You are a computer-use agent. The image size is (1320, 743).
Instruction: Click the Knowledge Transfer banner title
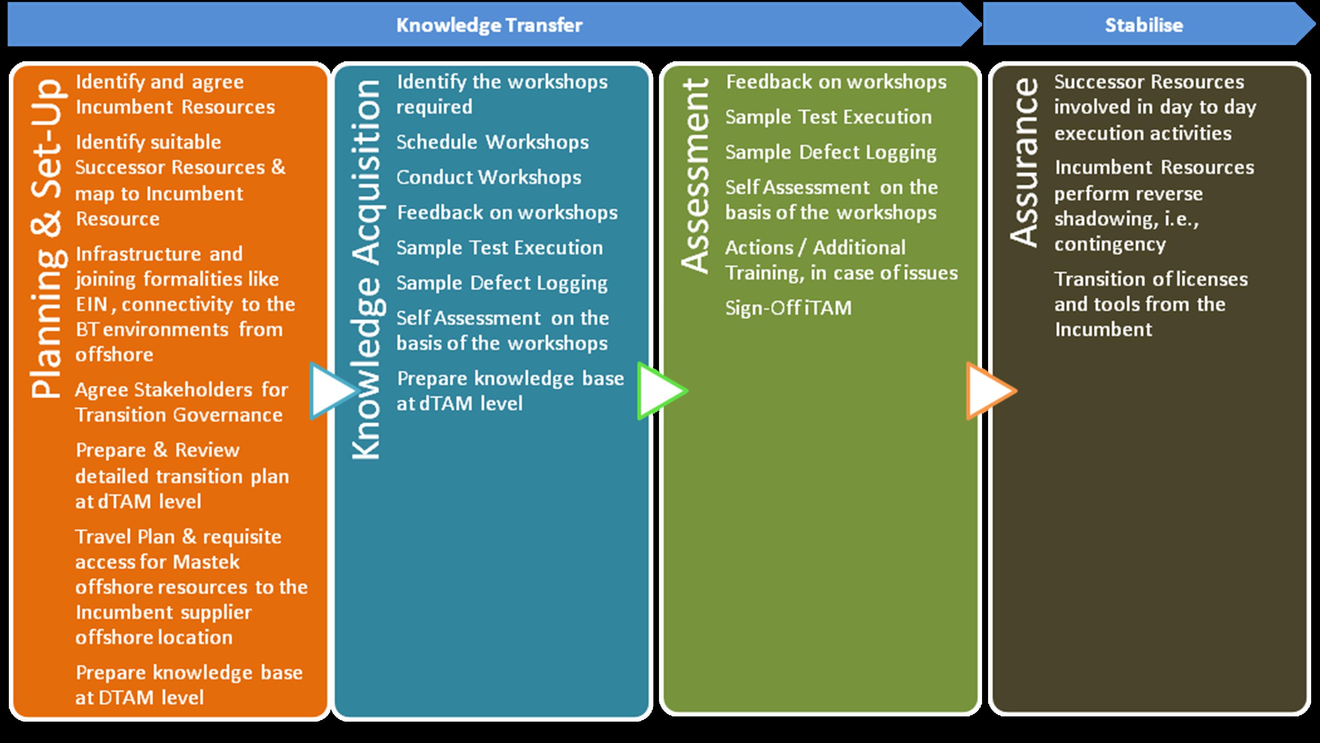coord(489,25)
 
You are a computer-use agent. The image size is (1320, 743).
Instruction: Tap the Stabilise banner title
coord(1143,25)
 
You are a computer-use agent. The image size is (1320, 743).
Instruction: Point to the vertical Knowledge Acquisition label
coord(366,269)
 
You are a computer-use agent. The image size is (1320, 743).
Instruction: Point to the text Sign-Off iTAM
coord(788,308)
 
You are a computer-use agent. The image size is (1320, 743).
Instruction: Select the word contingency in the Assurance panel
coord(1110,245)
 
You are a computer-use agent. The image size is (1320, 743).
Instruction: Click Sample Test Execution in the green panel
coord(828,117)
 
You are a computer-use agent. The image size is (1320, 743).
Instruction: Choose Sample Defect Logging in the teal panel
coord(501,283)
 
